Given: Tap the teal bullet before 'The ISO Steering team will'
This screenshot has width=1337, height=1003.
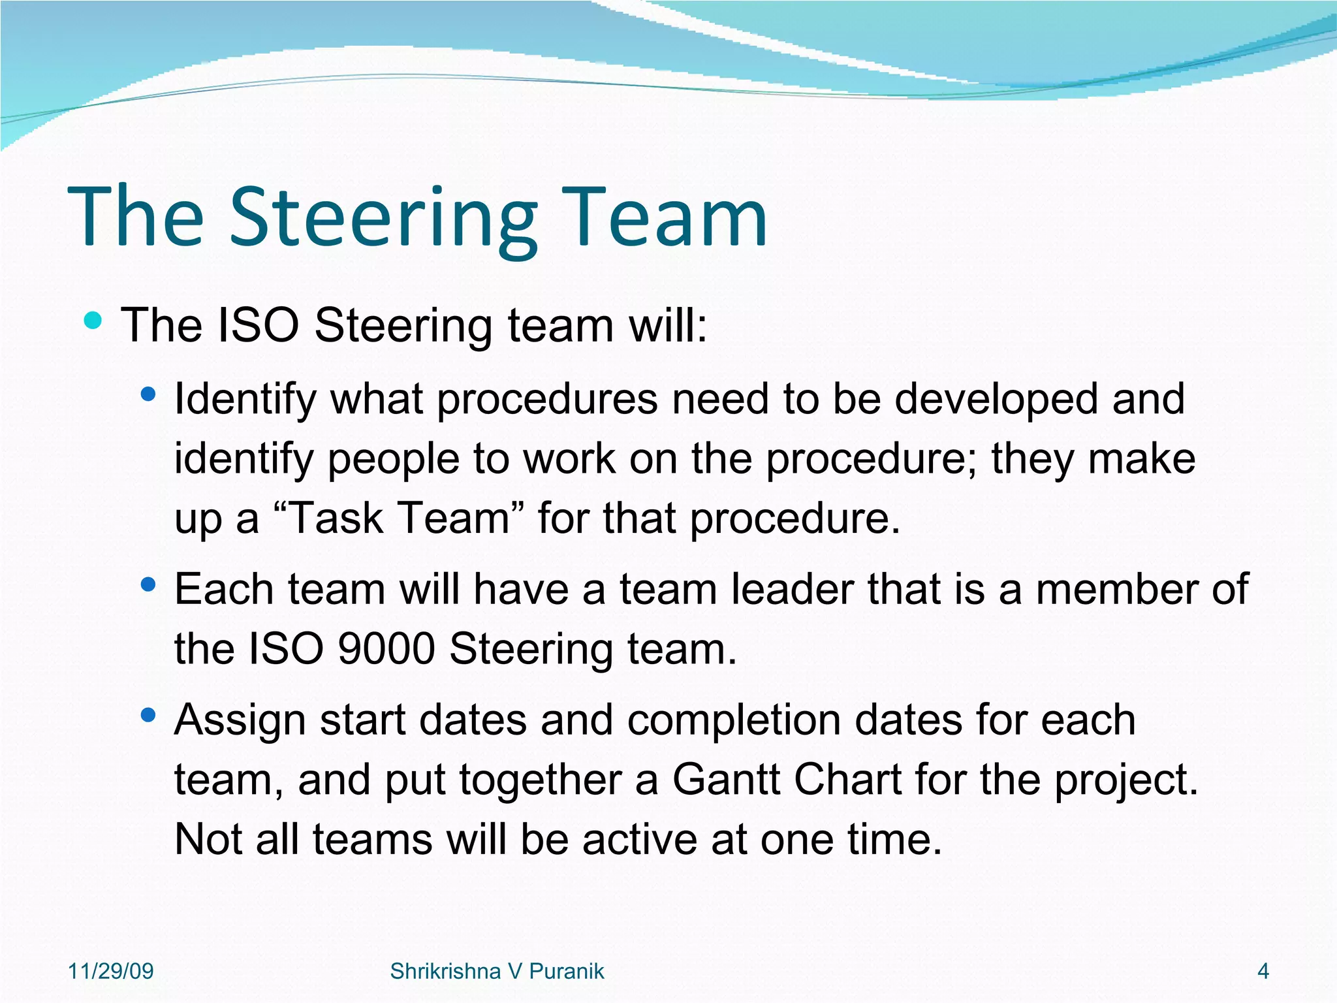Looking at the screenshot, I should (x=93, y=321).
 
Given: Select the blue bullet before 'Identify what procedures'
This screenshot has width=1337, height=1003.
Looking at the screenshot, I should (x=149, y=394).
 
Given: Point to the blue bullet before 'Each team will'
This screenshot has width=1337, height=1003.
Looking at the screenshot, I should (x=149, y=584).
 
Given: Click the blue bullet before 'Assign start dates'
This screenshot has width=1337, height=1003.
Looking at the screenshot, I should (x=149, y=716).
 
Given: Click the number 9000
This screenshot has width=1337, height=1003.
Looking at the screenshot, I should (x=386, y=649).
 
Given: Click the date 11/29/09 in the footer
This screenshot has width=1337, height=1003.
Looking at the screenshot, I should (x=110, y=971).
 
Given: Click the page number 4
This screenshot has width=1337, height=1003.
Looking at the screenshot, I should (x=1263, y=971).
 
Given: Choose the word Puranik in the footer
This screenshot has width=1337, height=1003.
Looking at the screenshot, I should (x=566, y=971).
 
